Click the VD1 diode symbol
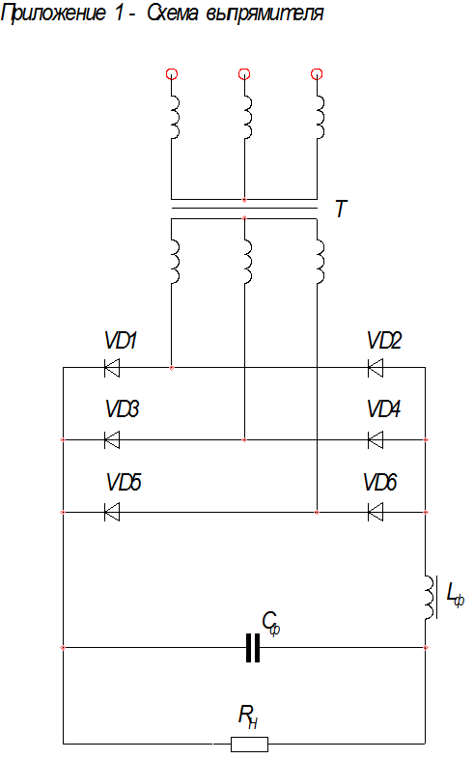pos(112,368)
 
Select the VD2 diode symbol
pos(376,368)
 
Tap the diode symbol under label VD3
pos(112,440)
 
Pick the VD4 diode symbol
pos(376,440)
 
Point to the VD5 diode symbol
pos(112,512)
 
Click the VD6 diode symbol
pos(376,512)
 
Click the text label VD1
pos(121,340)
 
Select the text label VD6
pos(380,482)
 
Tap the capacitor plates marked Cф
pos(253,648)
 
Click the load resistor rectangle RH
pos(250,744)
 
